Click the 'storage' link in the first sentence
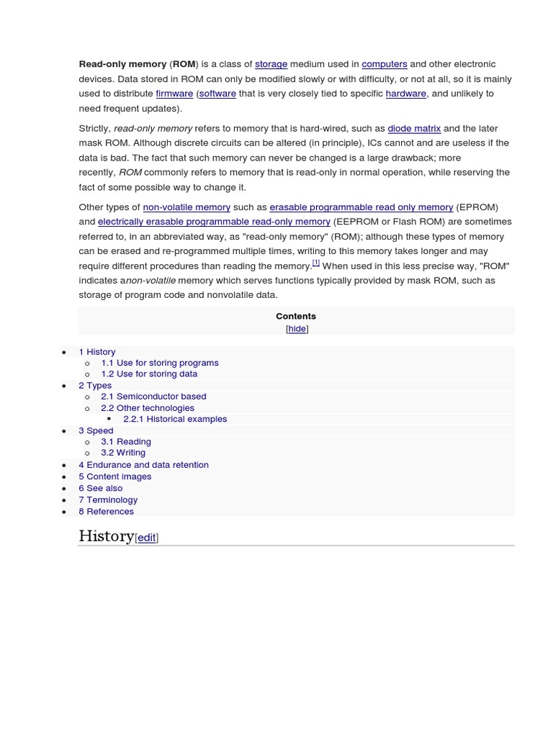click(271, 64)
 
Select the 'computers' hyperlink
click(385, 64)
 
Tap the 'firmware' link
click(174, 94)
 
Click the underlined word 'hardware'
click(406, 94)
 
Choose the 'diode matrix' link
click(414, 128)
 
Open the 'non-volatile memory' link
click(186, 207)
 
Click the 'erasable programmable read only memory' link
click(361, 207)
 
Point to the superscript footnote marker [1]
click(316, 263)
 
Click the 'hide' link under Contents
click(297, 329)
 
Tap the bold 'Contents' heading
click(296, 316)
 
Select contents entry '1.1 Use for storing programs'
click(160, 363)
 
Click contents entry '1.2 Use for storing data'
click(149, 374)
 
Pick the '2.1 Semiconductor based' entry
click(153, 396)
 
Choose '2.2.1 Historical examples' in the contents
click(175, 419)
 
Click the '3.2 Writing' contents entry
click(123, 453)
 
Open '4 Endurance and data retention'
click(143, 465)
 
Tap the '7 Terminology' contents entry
click(108, 499)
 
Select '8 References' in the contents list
click(106, 511)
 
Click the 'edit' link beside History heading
click(147, 538)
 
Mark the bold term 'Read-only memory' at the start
click(122, 64)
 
